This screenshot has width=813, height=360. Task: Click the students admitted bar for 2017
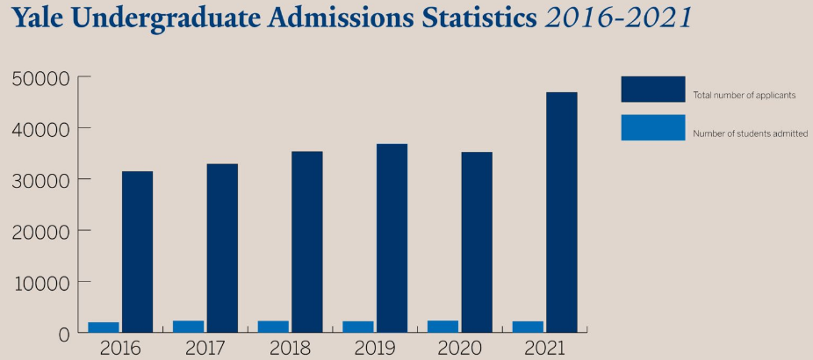pyautogui.click(x=188, y=327)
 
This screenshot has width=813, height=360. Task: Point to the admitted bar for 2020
pyautogui.click(x=442, y=327)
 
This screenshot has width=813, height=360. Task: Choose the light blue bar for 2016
pyautogui.click(x=103, y=328)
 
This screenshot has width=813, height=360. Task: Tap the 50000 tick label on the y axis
pyautogui.click(x=40, y=78)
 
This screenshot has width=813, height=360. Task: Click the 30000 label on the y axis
pyautogui.click(x=40, y=180)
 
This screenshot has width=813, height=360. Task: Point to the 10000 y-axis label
pyautogui.click(x=40, y=283)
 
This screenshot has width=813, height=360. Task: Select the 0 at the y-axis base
pyautogui.click(x=63, y=334)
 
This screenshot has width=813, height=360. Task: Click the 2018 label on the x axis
pyautogui.click(x=291, y=348)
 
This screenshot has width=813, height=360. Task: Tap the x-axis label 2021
pyautogui.click(x=545, y=348)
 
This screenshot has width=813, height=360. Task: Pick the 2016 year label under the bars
pyautogui.click(x=120, y=348)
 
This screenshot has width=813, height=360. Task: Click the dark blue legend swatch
pyautogui.click(x=652, y=89)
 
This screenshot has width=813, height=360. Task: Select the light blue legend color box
pyautogui.click(x=652, y=128)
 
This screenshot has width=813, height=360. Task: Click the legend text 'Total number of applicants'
pyautogui.click(x=744, y=95)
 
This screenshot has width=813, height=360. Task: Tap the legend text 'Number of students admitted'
pyautogui.click(x=750, y=133)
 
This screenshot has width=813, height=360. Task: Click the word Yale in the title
pyautogui.click(x=38, y=20)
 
